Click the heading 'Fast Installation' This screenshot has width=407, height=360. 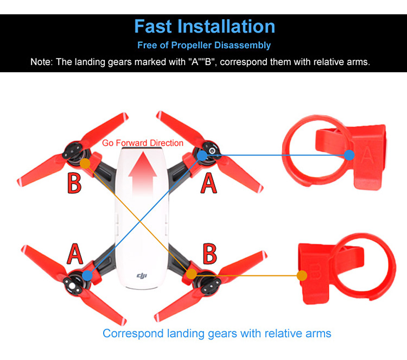[204, 26]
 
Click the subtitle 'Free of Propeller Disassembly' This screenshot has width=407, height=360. [204, 45]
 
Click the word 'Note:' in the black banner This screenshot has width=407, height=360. [42, 62]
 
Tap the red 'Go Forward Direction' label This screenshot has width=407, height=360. [143, 143]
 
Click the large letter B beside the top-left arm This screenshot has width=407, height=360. [74, 183]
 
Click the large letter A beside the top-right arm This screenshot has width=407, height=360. [209, 183]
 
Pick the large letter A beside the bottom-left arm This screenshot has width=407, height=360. [75, 254]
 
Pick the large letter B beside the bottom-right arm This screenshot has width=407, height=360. [209, 254]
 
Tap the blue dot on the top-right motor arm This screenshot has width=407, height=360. [202, 156]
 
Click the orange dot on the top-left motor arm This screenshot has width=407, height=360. [85, 162]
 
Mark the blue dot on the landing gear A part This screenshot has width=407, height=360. [349, 155]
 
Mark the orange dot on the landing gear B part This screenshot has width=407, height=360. [302, 275]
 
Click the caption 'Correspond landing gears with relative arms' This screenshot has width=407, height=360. [217, 333]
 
